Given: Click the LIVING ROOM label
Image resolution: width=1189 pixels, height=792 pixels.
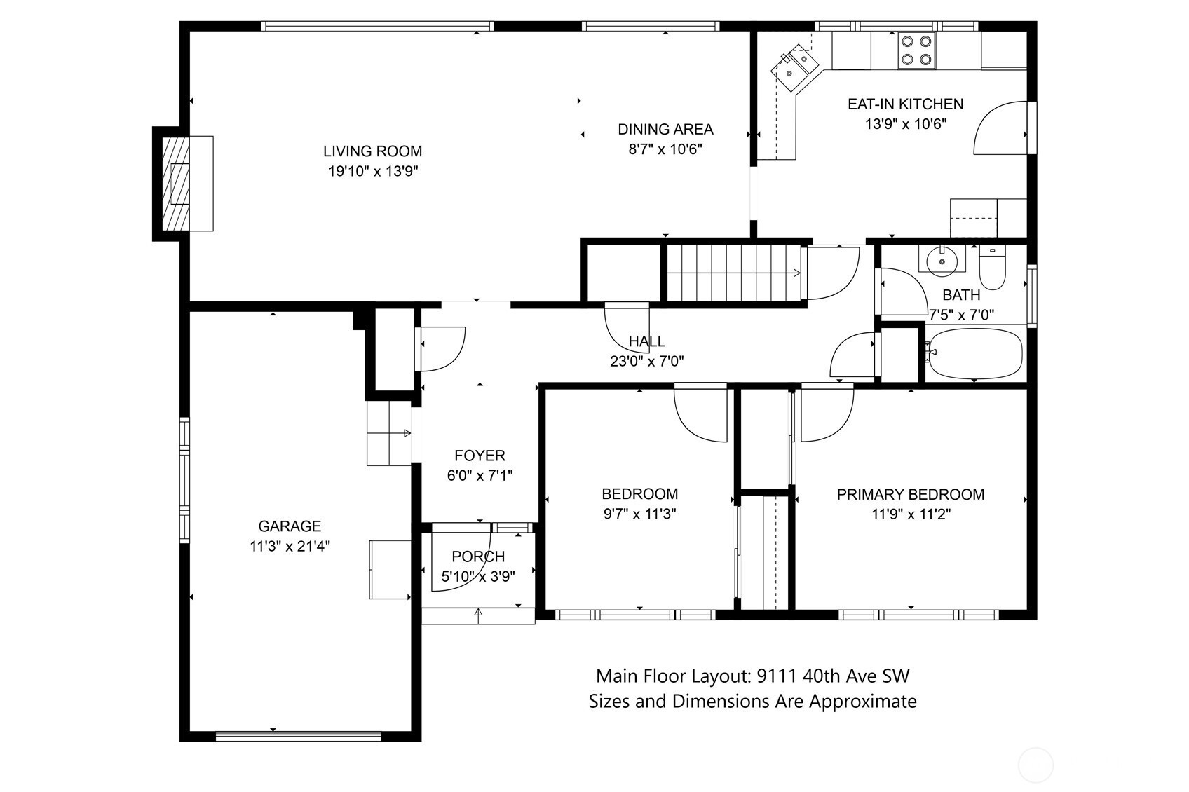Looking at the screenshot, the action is [x=373, y=151].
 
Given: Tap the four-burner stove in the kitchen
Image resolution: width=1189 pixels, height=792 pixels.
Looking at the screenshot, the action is [x=916, y=50].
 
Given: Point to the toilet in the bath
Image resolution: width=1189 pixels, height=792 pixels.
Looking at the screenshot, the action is [x=992, y=268].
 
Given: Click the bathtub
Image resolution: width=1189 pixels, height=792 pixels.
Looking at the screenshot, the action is [x=974, y=353].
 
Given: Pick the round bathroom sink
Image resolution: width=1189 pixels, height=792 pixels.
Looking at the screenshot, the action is [x=942, y=261].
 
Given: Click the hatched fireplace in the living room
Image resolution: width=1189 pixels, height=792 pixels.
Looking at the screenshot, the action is [x=175, y=184].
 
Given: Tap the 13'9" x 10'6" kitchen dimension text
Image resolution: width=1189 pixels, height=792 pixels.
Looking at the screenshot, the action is [x=906, y=124].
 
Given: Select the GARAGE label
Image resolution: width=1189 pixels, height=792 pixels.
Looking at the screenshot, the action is [x=290, y=526].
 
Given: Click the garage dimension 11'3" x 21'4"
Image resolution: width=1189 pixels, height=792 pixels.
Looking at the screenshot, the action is [x=290, y=546].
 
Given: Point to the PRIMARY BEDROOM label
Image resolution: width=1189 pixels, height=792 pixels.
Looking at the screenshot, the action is [x=910, y=495].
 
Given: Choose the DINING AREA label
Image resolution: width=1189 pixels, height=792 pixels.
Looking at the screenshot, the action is [x=665, y=130].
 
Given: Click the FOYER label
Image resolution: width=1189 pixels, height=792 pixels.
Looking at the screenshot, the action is [x=480, y=456].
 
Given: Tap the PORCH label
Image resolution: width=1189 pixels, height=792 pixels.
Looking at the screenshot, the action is [x=477, y=557].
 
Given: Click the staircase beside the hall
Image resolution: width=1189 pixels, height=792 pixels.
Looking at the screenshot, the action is [x=733, y=273].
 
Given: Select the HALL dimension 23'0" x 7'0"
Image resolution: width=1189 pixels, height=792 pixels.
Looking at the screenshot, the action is [x=646, y=362].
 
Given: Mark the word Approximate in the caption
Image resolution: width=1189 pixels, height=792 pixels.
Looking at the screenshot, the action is [x=862, y=702].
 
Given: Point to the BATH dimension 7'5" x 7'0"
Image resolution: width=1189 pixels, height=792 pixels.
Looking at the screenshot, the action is [x=960, y=315].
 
